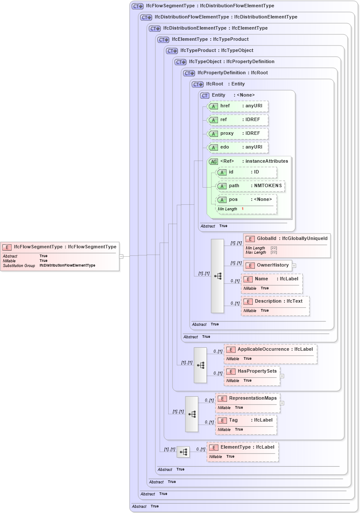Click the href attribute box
[x=238, y=106]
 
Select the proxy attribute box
[x=238, y=134]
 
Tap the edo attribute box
[x=238, y=147]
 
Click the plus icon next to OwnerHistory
[x=294, y=265]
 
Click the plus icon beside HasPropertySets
[x=282, y=376]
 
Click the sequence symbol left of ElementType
[x=183, y=452]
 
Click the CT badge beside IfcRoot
[x=197, y=85]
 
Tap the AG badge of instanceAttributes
[x=213, y=162]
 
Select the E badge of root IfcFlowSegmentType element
[x=7, y=247]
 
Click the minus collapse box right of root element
[x=121, y=256]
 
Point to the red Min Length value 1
[x=242, y=209]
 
